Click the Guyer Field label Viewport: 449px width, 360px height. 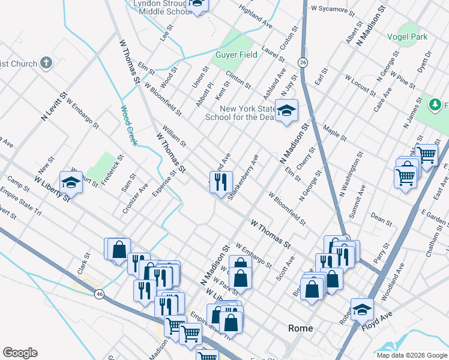236,55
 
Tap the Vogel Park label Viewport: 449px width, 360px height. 411,37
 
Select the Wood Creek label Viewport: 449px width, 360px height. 129,125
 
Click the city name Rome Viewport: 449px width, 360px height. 301,328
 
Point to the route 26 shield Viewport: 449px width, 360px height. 303,62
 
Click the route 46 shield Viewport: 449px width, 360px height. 99,293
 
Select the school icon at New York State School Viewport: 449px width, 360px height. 287,110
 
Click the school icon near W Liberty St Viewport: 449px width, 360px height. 71,181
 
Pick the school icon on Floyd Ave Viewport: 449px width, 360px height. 362,309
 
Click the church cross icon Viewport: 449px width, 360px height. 46,63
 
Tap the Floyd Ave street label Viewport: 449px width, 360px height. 376,319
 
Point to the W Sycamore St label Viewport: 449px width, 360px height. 330,9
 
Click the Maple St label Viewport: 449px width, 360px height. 334,133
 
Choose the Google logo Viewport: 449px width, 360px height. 20,353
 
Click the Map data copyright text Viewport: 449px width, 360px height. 411,355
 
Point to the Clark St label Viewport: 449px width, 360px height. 83,263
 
